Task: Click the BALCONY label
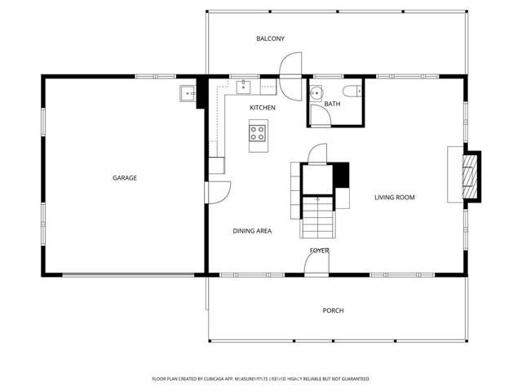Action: pos(270,38)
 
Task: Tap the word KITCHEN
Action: pos(262,108)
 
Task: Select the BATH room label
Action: pos(332,104)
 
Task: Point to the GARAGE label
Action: pos(125,177)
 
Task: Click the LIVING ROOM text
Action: pos(395,197)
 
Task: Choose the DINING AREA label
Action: pos(252,231)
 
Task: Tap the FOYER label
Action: pos(319,251)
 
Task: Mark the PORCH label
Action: pos(333,310)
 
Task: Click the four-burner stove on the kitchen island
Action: pos(259,131)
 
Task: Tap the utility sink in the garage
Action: pos(188,94)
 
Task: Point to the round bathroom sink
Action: pos(315,92)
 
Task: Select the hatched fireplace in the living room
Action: pos(469,175)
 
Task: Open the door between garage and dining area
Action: pos(217,191)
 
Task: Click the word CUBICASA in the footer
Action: pos(238,379)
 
